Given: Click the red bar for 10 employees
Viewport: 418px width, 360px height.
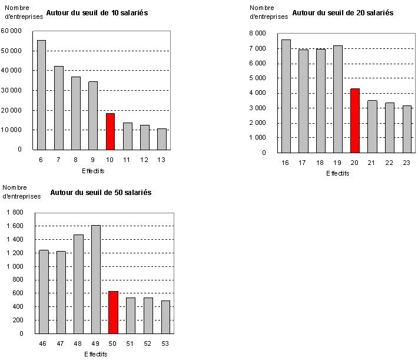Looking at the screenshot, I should (110, 131).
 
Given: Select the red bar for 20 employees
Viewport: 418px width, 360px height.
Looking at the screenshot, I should (354, 121).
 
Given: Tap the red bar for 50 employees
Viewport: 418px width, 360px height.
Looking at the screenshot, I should (113, 312).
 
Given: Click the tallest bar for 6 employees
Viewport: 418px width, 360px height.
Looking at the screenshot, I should (41, 94).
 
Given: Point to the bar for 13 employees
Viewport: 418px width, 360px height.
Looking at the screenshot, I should (162, 139).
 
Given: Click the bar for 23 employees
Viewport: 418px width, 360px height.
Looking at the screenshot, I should (406, 129).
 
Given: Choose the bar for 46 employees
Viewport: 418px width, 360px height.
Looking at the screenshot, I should (44, 292).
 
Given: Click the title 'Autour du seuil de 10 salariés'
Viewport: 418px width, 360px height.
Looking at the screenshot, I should (97, 11).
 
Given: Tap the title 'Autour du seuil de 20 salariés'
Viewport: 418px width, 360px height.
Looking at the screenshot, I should (343, 12).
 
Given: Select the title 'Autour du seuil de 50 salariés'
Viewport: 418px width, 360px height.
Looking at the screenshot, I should (101, 192).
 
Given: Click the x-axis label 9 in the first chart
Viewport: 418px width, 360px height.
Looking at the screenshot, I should (93, 160).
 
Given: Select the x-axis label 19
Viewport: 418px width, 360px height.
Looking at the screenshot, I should (337, 163).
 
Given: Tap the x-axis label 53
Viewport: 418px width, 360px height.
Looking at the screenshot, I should (165, 344).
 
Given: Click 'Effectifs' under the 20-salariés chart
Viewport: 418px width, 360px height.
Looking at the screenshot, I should (337, 174).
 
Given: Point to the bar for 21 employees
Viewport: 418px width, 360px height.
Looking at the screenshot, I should (372, 127).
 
